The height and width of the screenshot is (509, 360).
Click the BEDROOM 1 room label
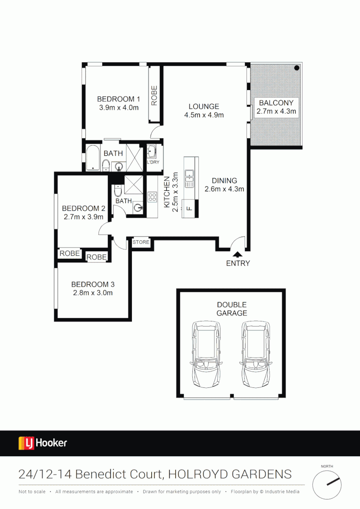tap(119, 99)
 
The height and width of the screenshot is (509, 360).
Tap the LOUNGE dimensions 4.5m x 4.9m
tap(204, 115)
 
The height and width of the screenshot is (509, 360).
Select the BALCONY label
tap(276, 103)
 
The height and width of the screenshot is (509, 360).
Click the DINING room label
tap(224, 181)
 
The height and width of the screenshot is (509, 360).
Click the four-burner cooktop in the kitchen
tap(152, 197)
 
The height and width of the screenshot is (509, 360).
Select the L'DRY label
tap(154, 162)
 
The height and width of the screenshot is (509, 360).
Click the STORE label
tap(141, 242)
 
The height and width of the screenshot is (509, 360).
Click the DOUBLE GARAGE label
tap(231, 309)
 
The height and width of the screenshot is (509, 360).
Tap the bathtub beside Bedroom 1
tap(93, 158)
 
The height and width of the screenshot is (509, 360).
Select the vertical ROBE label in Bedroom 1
tap(154, 94)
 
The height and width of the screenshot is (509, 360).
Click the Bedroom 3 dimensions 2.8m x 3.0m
tap(93, 293)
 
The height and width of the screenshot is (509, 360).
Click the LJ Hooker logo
tap(43, 443)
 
